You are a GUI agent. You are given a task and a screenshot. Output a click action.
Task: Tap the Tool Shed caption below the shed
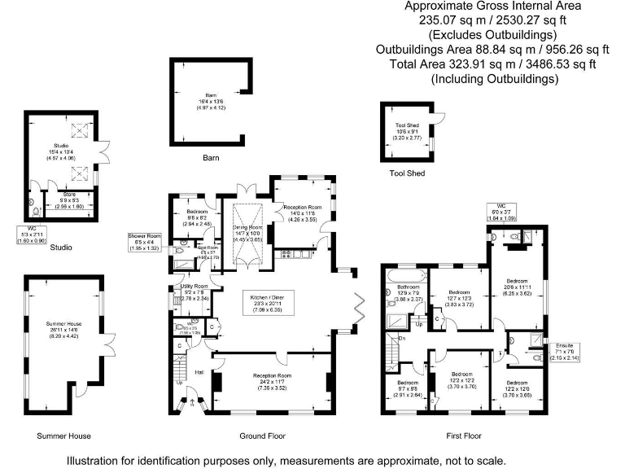(408, 173)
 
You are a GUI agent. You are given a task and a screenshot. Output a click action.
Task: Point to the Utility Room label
(194, 292)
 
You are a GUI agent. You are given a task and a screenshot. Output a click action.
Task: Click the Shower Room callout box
(144, 242)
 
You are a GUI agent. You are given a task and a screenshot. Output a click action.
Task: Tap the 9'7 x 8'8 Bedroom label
(408, 388)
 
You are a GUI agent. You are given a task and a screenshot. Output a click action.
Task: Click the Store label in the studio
(68, 199)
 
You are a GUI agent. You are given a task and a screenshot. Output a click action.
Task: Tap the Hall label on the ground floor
(199, 373)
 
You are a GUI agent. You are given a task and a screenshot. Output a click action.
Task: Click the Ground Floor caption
(260, 436)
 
